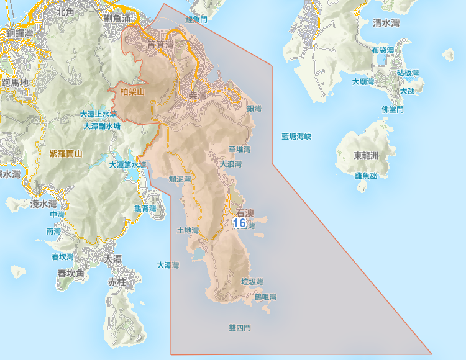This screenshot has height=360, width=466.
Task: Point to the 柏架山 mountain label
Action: [x=132, y=92]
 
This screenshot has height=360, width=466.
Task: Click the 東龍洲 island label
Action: [x=366, y=155]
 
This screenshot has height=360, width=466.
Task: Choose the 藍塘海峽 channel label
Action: [x=296, y=136]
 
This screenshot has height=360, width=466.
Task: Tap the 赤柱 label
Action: [x=117, y=282]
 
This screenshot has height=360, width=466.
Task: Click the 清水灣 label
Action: [x=386, y=23]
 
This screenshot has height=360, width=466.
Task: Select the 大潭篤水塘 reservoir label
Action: [x=127, y=165]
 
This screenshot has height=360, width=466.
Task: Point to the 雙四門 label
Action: [x=240, y=327]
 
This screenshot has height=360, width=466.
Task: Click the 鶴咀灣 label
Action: [x=265, y=297]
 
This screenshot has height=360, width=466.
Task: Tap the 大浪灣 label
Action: [x=230, y=164]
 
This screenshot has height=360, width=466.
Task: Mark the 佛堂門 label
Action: [x=393, y=109]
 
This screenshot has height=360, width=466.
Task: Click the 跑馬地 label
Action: [x=15, y=82]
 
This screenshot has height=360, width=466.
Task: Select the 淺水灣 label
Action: [x=43, y=204]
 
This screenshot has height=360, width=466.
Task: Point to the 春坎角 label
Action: [x=71, y=273]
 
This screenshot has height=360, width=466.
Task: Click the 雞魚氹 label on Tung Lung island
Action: [x=366, y=176]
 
